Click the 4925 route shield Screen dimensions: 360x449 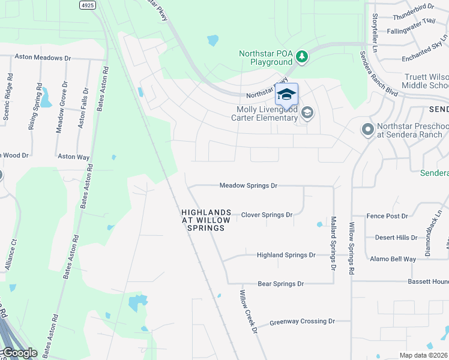[x=87, y=4]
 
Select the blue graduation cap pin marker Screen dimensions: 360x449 [x=286, y=95]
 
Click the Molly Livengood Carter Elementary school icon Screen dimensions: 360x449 [x=307, y=113]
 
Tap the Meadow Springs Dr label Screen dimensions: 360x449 [x=248, y=186]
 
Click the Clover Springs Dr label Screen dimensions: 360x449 [x=267, y=215]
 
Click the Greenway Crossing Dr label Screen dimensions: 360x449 [x=302, y=322]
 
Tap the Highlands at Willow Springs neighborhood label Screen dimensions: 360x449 [x=206, y=220]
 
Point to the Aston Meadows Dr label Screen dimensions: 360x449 [x=42, y=58]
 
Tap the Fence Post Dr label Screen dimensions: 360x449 [x=387, y=216]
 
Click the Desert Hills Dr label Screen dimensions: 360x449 [x=396, y=238]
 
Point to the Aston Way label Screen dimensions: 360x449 [x=74, y=157]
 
